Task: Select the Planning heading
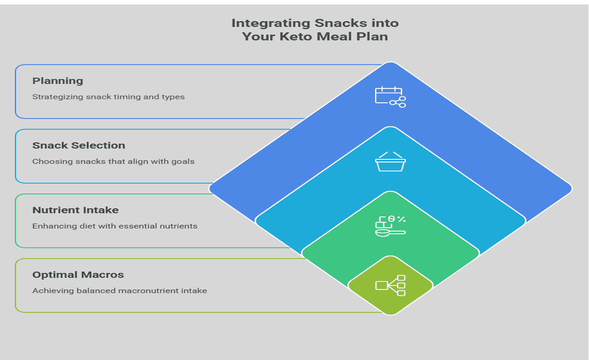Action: pyautogui.click(x=57, y=81)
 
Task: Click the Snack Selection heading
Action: pyautogui.click(x=79, y=145)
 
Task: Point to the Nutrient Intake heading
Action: pyautogui.click(x=75, y=210)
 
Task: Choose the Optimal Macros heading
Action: pyautogui.click(x=78, y=275)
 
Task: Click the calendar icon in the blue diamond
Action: pyautogui.click(x=390, y=97)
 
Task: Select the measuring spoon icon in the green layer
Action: pyautogui.click(x=390, y=226)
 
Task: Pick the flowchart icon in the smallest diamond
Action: pyautogui.click(x=390, y=285)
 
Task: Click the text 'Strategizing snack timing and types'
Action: pyautogui.click(x=108, y=97)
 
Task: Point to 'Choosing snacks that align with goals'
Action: pyautogui.click(x=113, y=162)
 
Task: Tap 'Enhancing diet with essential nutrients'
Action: pyautogui.click(x=115, y=226)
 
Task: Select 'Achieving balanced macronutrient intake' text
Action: pyautogui.click(x=120, y=291)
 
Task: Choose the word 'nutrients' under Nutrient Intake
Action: pyautogui.click(x=180, y=226)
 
